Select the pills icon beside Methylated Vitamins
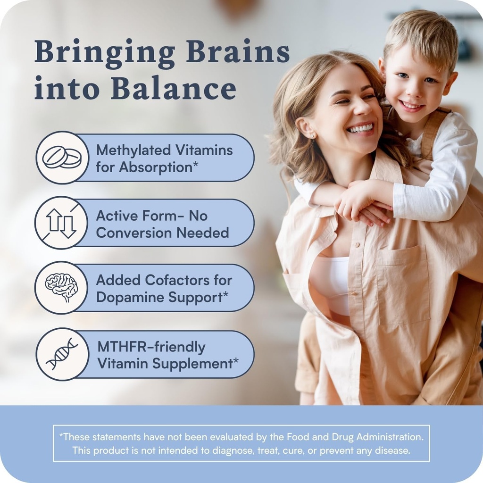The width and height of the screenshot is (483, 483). tap(62, 158)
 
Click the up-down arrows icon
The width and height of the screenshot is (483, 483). tap(61, 223)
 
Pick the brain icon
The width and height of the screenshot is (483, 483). tap(61, 287)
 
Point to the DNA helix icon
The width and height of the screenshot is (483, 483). tap(62, 354)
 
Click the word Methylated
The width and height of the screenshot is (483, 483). tap(133, 150)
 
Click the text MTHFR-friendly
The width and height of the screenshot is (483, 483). tap(151, 347)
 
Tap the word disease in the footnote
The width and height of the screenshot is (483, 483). tap(393, 450)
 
